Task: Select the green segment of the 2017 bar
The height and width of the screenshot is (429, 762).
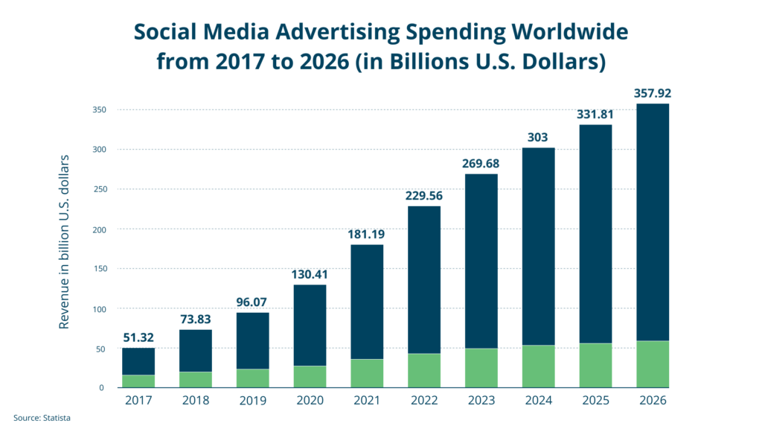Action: [138, 381]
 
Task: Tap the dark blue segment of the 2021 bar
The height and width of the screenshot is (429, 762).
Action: [367, 302]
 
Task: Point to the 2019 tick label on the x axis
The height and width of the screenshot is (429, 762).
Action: [253, 400]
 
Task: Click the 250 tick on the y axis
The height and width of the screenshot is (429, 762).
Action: [100, 189]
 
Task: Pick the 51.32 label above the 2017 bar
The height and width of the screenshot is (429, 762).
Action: [138, 339]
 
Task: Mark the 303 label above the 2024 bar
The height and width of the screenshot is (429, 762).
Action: [539, 138]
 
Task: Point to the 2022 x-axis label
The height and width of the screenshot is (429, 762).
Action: [424, 400]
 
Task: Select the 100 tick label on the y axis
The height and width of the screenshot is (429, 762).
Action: [100, 308]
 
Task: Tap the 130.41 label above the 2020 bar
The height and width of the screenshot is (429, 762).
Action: [310, 274]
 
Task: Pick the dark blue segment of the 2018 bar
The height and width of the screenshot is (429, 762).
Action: [196, 350]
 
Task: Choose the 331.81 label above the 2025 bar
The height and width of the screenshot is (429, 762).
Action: [596, 115]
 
